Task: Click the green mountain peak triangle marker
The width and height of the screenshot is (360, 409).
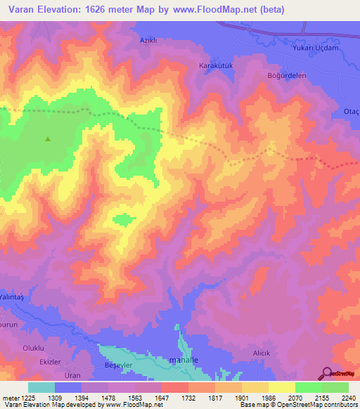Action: pos(48,138)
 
